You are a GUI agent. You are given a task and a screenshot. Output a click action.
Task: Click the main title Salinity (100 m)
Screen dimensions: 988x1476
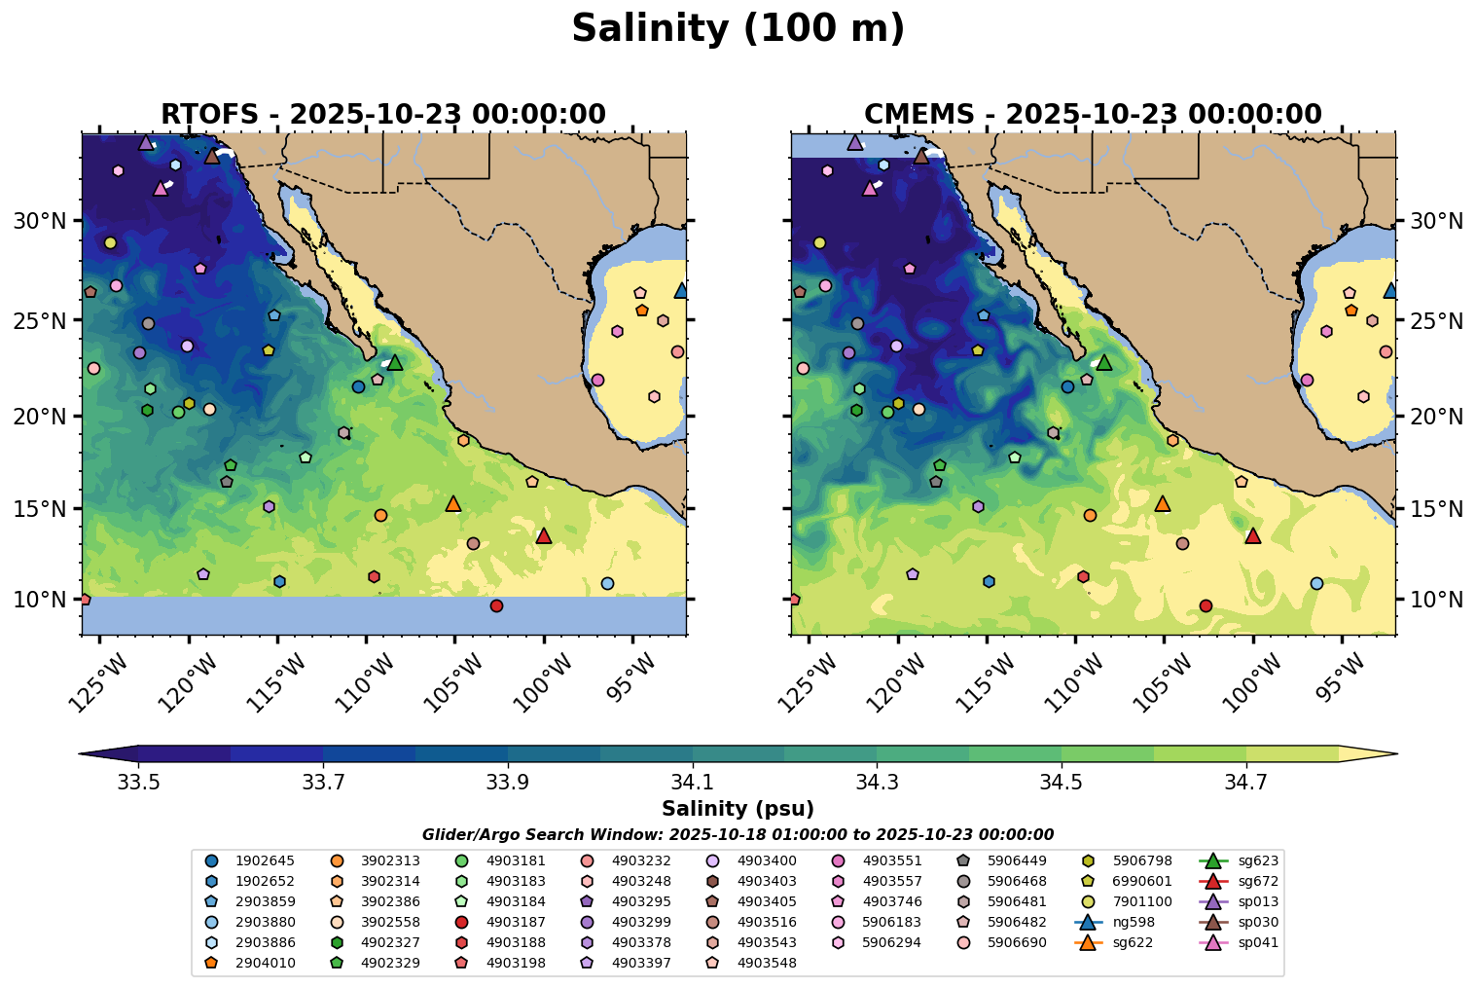[738, 29]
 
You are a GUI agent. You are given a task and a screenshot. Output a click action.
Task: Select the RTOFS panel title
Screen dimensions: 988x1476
[383, 115]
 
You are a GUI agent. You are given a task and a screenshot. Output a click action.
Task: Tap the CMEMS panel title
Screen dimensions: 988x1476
[1093, 115]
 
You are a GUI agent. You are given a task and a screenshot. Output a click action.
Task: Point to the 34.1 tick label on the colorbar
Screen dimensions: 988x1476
[692, 782]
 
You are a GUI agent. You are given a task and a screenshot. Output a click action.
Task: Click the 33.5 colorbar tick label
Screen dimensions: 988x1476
[138, 782]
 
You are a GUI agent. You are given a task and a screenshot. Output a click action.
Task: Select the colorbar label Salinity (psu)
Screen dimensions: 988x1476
[738, 809]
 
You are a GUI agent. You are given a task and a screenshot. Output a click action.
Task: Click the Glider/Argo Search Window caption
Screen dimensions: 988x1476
[738, 835]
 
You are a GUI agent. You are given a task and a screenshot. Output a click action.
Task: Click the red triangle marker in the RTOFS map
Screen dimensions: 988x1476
[544, 536]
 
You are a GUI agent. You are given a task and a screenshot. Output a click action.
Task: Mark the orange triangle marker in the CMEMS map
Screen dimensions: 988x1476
[1162, 504]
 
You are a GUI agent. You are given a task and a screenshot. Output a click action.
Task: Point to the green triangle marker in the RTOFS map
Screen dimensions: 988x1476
[394, 363]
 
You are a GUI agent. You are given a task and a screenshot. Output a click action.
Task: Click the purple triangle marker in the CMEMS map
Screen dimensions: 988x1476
[854, 143]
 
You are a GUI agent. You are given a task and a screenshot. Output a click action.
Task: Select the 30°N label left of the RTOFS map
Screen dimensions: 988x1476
[37, 222]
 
